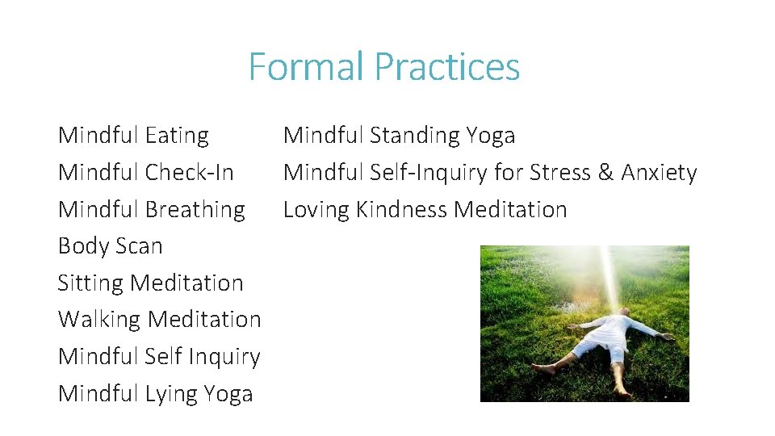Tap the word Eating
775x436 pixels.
point(177,136)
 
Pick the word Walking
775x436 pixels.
point(99,320)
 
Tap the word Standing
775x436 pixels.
point(414,136)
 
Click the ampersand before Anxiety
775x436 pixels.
point(605,173)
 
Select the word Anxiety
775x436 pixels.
point(659,173)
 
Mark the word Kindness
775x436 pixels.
point(401,210)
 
